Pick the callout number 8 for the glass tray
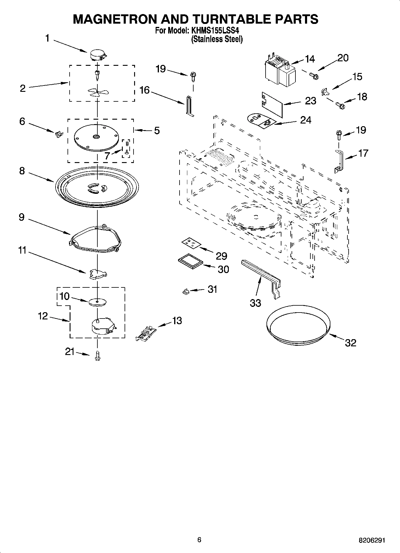tap(22, 171)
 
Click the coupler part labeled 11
tap(98, 274)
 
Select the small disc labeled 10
tap(98, 302)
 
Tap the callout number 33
tap(255, 303)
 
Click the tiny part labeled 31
tap(185, 291)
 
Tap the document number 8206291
tap(372, 540)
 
